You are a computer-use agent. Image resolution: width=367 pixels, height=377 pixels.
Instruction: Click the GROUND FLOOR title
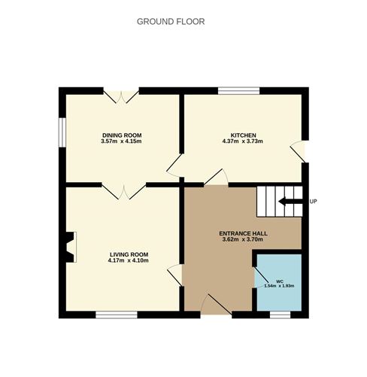[x=171, y=22]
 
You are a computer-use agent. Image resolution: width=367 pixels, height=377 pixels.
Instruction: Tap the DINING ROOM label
[x=122, y=135]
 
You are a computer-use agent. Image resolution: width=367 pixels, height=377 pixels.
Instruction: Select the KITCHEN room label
[x=243, y=135]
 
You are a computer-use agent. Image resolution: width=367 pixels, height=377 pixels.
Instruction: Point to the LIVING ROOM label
[x=129, y=254]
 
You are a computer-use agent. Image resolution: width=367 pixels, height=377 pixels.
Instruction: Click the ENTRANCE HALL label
[x=243, y=233]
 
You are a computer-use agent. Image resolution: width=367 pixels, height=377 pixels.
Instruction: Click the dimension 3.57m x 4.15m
[x=121, y=141]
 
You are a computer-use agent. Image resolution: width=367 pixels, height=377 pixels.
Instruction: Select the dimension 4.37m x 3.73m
[x=243, y=141]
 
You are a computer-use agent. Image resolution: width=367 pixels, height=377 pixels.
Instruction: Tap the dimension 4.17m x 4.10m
[x=129, y=260]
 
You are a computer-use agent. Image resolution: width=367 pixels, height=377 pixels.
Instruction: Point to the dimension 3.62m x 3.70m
[x=243, y=239]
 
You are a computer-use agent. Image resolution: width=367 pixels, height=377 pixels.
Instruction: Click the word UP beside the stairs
[x=314, y=202]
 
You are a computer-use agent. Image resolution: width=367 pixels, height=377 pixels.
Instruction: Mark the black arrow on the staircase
[x=291, y=202]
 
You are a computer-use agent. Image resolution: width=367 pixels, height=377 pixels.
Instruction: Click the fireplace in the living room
[x=70, y=247]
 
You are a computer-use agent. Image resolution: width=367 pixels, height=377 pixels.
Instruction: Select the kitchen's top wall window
[x=238, y=91]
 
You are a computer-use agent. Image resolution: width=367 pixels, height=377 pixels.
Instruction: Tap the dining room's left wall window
[x=62, y=132]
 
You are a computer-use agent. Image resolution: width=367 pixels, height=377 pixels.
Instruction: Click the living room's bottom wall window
[x=117, y=315]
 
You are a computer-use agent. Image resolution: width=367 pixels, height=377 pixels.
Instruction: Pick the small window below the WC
[x=280, y=315]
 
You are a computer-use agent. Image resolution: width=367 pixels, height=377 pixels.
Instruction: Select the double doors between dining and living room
[x=124, y=192]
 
